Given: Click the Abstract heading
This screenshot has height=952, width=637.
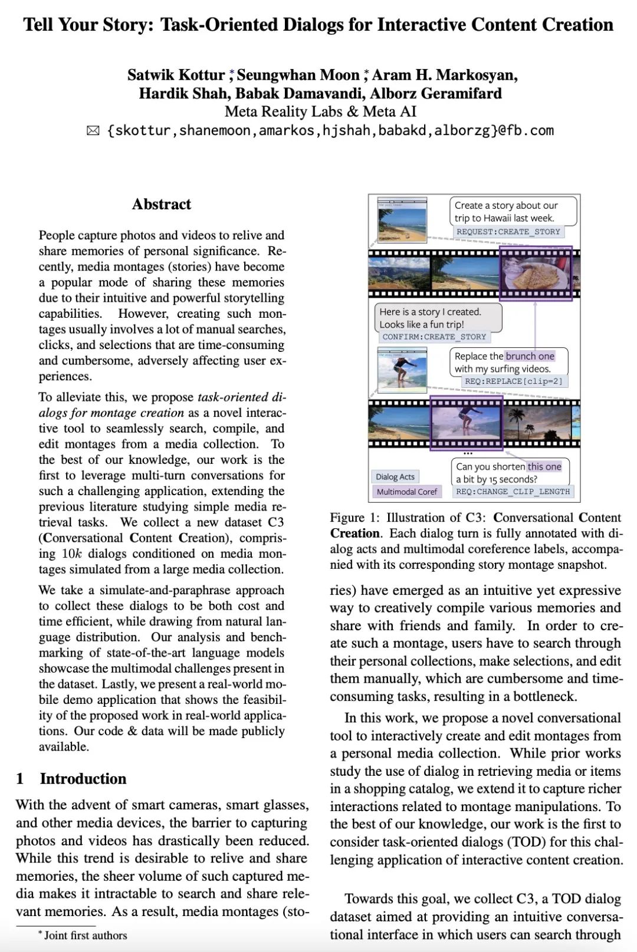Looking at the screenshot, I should click(161, 205).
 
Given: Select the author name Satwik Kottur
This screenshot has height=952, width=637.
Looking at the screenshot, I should click(176, 75).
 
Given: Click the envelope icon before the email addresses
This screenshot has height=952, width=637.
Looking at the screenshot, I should click(93, 131).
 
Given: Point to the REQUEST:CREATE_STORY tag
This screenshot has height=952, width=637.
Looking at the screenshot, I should click(508, 232).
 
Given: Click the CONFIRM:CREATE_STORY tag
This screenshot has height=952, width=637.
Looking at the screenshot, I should click(434, 337).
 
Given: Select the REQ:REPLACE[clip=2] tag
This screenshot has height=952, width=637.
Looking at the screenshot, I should click(514, 381).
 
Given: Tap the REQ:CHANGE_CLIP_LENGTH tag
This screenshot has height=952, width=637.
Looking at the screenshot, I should click(513, 491).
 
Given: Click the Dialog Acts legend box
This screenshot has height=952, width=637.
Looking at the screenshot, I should click(395, 476).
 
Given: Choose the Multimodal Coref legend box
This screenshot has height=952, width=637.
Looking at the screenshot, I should click(406, 491).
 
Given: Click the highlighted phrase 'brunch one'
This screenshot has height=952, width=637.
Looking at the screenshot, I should click(530, 356).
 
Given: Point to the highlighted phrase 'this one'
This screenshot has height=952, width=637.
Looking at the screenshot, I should click(544, 466).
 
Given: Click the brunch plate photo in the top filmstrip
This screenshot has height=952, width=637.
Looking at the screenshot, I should click(536, 274).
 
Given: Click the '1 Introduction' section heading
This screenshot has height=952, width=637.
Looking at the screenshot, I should click(71, 779).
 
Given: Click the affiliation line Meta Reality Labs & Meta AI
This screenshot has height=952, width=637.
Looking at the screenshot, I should click(320, 112).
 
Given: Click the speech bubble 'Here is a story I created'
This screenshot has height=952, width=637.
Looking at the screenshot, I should click(438, 318).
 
